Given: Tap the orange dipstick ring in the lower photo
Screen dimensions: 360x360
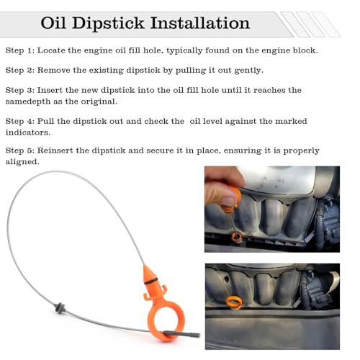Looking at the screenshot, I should pos(235,301).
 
